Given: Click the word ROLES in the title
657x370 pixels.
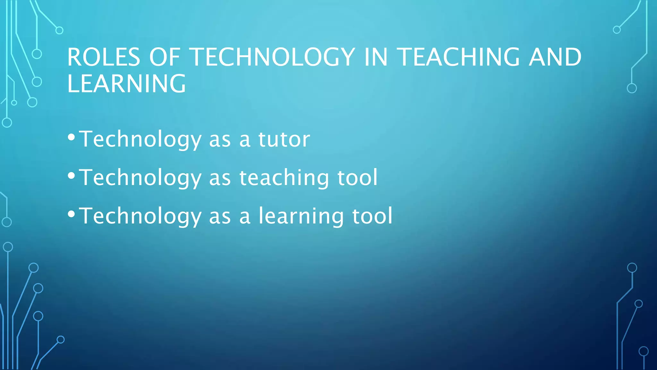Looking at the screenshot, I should coord(104,57).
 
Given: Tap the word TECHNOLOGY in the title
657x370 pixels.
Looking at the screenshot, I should coord(273,57).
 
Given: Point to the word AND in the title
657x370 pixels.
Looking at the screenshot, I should coord(555,57).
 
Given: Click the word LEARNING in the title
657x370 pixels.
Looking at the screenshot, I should coord(126,84).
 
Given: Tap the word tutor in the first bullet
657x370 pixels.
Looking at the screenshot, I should coord(284,139).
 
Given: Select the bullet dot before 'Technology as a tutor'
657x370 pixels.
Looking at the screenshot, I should coord(71,137).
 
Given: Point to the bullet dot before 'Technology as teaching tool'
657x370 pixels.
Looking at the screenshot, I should coord(71,176).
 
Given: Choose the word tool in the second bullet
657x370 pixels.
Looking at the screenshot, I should coord(357,178).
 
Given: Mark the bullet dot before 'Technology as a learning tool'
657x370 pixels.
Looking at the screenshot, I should coord(71,214).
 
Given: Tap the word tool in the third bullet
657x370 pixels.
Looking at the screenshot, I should coord(372,216).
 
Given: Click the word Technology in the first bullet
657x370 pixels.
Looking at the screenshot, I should coord(140,139).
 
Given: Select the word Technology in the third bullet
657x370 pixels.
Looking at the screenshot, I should coord(140,216).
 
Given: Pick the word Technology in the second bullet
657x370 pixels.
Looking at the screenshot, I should coord(140,178).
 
